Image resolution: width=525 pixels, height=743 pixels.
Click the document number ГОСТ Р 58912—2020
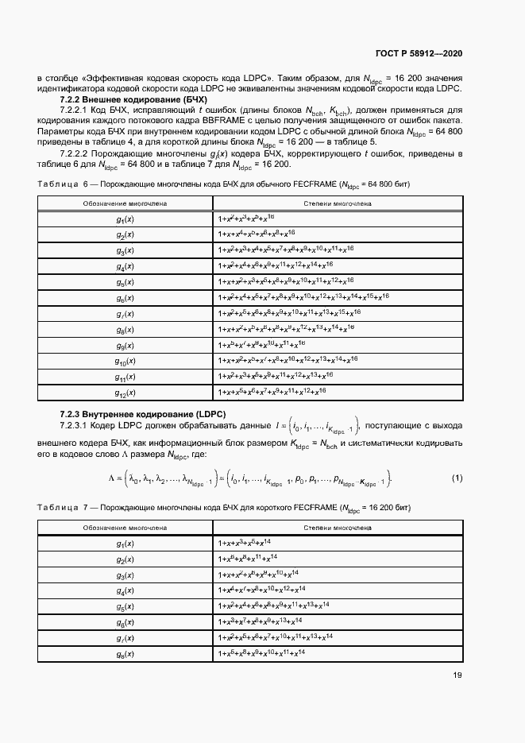(x=419, y=53)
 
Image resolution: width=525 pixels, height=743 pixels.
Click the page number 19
(x=457, y=675)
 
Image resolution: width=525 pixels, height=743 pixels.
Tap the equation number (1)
(x=457, y=478)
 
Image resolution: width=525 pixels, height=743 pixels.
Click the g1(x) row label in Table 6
(x=125, y=219)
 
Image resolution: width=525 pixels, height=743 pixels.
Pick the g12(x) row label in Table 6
(x=125, y=393)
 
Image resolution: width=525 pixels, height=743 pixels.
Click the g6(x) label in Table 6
(x=125, y=298)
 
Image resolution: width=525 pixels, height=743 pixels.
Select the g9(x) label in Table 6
(x=125, y=345)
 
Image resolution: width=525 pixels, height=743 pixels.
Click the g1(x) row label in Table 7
(x=125, y=543)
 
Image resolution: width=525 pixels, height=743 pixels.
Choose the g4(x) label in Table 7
(x=125, y=590)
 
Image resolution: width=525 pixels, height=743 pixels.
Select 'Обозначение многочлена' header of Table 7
(x=125, y=528)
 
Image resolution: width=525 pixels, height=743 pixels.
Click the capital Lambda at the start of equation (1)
(x=112, y=478)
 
